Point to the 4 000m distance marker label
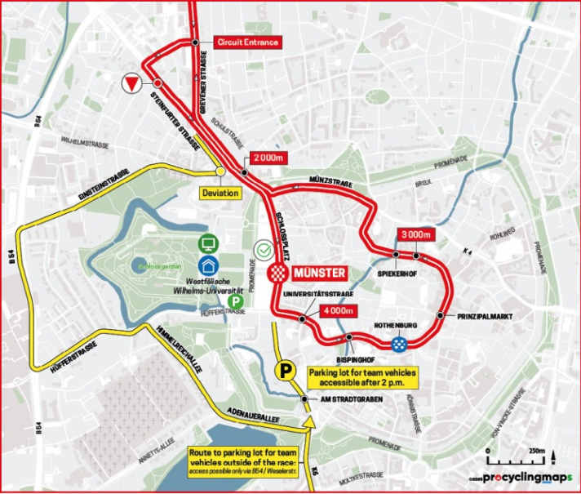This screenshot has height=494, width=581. [335, 310]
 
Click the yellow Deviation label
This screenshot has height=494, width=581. [221, 194]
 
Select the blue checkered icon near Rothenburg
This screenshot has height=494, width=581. [399, 346]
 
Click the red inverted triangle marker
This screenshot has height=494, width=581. [131, 82]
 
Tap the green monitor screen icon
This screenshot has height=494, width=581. [209, 243]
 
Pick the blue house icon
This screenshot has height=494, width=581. [209, 265]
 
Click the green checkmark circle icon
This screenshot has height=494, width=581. [264, 247]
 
